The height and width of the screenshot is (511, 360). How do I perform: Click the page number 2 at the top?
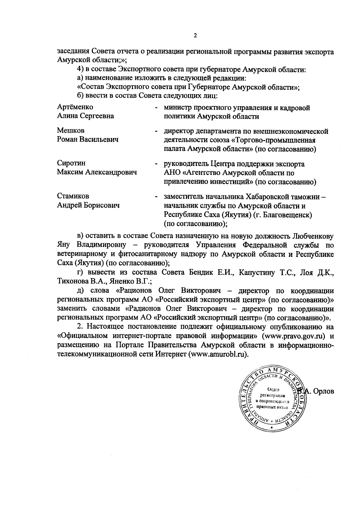click(195, 36)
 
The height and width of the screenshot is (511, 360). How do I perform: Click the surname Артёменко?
click(75, 107)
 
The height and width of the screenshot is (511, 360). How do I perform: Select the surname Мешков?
click(71, 131)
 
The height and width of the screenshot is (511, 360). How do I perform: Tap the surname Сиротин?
click(71, 164)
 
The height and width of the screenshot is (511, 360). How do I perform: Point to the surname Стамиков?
click(73, 196)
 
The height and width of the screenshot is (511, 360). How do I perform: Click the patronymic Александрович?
click(111, 173)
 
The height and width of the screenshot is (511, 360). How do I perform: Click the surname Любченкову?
click(312, 236)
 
